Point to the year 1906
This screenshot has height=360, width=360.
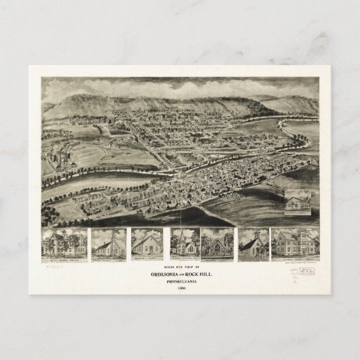tap(180, 288)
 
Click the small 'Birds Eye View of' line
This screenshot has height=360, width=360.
tap(180, 267)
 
